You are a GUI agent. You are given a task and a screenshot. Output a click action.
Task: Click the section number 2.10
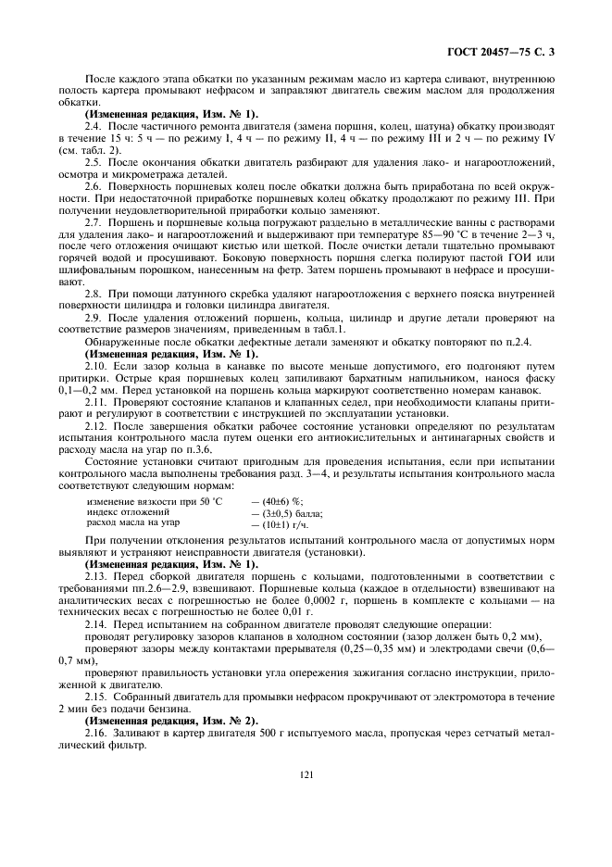click(x=97, y=366)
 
